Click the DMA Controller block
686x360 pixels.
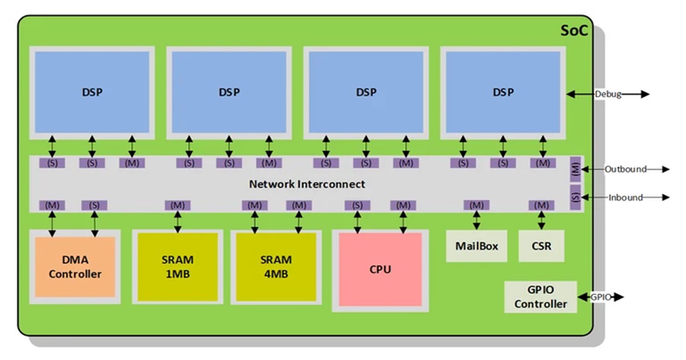tap(75, 267)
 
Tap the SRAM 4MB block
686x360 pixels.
tap(276, 267)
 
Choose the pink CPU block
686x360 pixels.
tap(380, 269)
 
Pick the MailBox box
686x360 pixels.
tap(476, 246)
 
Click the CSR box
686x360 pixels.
tap(541, 246)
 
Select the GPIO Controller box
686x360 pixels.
tap(540, 297)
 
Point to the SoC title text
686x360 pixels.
tap(573, 30)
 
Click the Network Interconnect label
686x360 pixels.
tap(307, 184)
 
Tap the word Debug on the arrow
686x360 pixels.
tap(608, 94)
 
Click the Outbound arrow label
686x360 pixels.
tap(625, 169)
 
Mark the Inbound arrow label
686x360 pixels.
tap(625, 198)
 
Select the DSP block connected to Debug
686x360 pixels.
tap(502, 91)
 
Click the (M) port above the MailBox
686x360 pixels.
tap(476, 205)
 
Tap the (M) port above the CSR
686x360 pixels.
tap(541, 205)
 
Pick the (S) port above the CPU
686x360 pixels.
tap(358, 205)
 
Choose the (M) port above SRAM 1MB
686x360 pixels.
tap(177, 205)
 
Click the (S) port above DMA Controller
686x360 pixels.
tap(94, 205)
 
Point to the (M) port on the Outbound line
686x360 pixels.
tap(576, 169)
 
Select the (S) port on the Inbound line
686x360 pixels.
tap(576, 196)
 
